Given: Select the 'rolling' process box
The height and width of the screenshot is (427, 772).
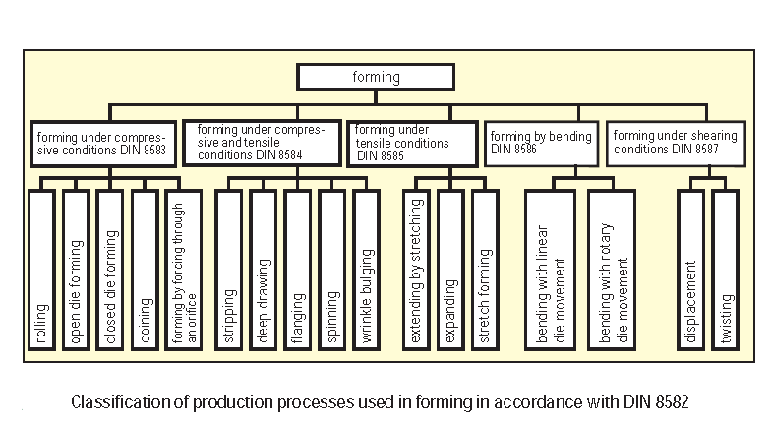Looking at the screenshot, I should point(41,272).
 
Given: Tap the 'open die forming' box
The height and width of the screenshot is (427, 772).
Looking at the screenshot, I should point(76,272).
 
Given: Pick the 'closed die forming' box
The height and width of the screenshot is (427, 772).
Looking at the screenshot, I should point(110,272).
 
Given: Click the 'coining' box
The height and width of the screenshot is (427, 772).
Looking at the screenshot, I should point(145,272).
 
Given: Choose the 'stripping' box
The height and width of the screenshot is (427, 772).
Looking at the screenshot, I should point(228,272).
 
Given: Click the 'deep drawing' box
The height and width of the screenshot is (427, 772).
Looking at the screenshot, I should point(263,272).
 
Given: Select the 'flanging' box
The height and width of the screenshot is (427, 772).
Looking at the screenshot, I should point(297,272).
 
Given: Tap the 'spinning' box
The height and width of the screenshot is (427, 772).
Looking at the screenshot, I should point(331,272).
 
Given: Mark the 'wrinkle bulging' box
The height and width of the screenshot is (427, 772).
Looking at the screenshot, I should point(366,272).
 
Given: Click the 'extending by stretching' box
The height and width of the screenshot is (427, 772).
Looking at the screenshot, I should point(415,272).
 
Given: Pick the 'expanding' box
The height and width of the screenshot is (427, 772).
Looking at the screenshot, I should point(449,272).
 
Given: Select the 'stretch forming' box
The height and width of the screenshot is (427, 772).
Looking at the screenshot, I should point(484,272).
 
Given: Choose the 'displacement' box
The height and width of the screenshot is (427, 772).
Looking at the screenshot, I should point(690,272).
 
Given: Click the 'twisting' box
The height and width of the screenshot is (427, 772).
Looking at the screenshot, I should point(725,272).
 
